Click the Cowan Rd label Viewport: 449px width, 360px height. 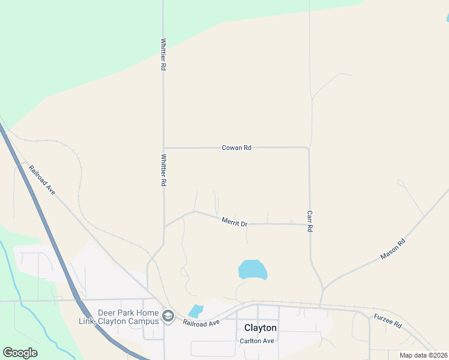pyautogui.click(x=236, y=147)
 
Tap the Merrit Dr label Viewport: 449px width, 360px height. pyautogui.click(x=234, y=223)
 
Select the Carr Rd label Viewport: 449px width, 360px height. pyautogui.click(x=310, y=221)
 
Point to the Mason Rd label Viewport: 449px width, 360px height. pyautogui.click(x=393, y=249)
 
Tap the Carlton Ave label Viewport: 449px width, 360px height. pyautogui.click(x=257, y=341)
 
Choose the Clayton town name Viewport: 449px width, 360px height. pyautogui.click(x=261, y=328)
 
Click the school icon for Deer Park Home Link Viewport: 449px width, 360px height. pyautogui.click(x=168, y=316)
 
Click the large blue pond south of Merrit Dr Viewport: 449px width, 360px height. pyautogui.click(x=252, y=269)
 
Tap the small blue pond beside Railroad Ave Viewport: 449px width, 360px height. pyautogui.click(x=196, y=311)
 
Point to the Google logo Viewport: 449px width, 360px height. pyautogui.click(x=20, y=353)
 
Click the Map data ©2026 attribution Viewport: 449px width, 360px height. pyautogui.click(x=423, y=355)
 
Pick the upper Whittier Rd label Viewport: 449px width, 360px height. pyautogui.click(x=163, y=55)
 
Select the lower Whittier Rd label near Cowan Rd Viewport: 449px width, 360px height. pyautogui.click(x=163, y=170)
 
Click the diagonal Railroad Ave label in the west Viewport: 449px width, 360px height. pyautogui.click(x=42, y=179)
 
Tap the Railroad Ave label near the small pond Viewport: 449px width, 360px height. pyautogui.click(x=202, y=323)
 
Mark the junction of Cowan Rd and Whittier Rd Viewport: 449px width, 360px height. pyautogui.click(x=164, y=148)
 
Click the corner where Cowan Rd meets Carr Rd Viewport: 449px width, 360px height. pyautogui.click(x=308, y=148)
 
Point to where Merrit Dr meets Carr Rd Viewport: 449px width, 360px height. pyautogui.click(x=310, y=225)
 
